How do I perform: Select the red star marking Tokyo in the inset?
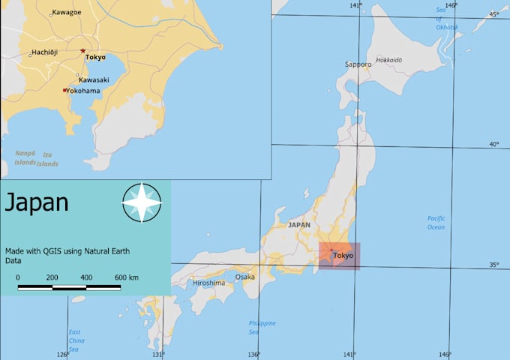pos(82,50)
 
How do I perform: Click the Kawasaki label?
pos(94,79)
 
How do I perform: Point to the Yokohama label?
pos(83,91)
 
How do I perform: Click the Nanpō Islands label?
pos(25,157)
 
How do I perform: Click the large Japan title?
pos(37,202)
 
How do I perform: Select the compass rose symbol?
pos(142,202)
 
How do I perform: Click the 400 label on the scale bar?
pos(86,277)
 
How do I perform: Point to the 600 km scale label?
pos(127,277)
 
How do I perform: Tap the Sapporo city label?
pos(358,64)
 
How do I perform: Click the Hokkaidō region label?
pos(389,59)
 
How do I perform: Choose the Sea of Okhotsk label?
pos(446,18)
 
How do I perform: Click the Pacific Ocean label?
pos(436,223)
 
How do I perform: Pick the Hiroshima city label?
pos(208,283)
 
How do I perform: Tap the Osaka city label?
pos(244,277)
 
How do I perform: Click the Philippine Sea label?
pos(262,327)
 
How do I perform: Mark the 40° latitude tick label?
pos(494,144)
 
